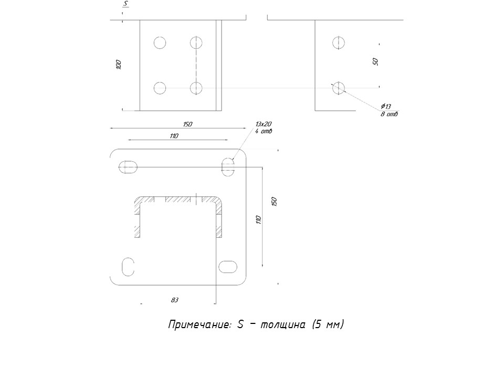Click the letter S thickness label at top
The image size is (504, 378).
click(125, 4)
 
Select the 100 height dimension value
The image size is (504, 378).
click(119, 65)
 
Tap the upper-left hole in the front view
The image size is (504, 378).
click(160, 43)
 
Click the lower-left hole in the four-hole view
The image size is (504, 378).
click(160, 88)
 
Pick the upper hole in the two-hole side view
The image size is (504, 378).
click(339, 43)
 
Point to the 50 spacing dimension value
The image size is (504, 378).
click(375, 61)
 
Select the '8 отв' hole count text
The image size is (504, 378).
click(389, 114)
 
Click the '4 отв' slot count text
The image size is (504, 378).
click(264, 131)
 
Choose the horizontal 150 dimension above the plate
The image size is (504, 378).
click(188, 124)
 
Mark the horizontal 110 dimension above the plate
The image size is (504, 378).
click(174, 136)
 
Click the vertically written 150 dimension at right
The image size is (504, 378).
click(273, 202)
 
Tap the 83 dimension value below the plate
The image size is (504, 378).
click(174, 300)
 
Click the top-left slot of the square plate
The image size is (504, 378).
click(129, 167)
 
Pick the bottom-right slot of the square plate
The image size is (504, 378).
click(228, 266)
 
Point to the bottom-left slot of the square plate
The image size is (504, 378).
click(128, 266)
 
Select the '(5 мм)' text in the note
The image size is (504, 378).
click(327, 324)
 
